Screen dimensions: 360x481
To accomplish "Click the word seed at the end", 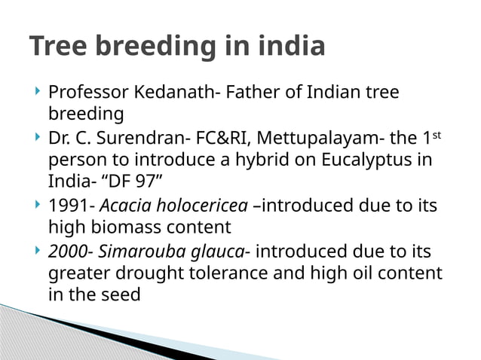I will pos(122,294).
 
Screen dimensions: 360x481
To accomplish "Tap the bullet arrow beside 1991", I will pos(38,205).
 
